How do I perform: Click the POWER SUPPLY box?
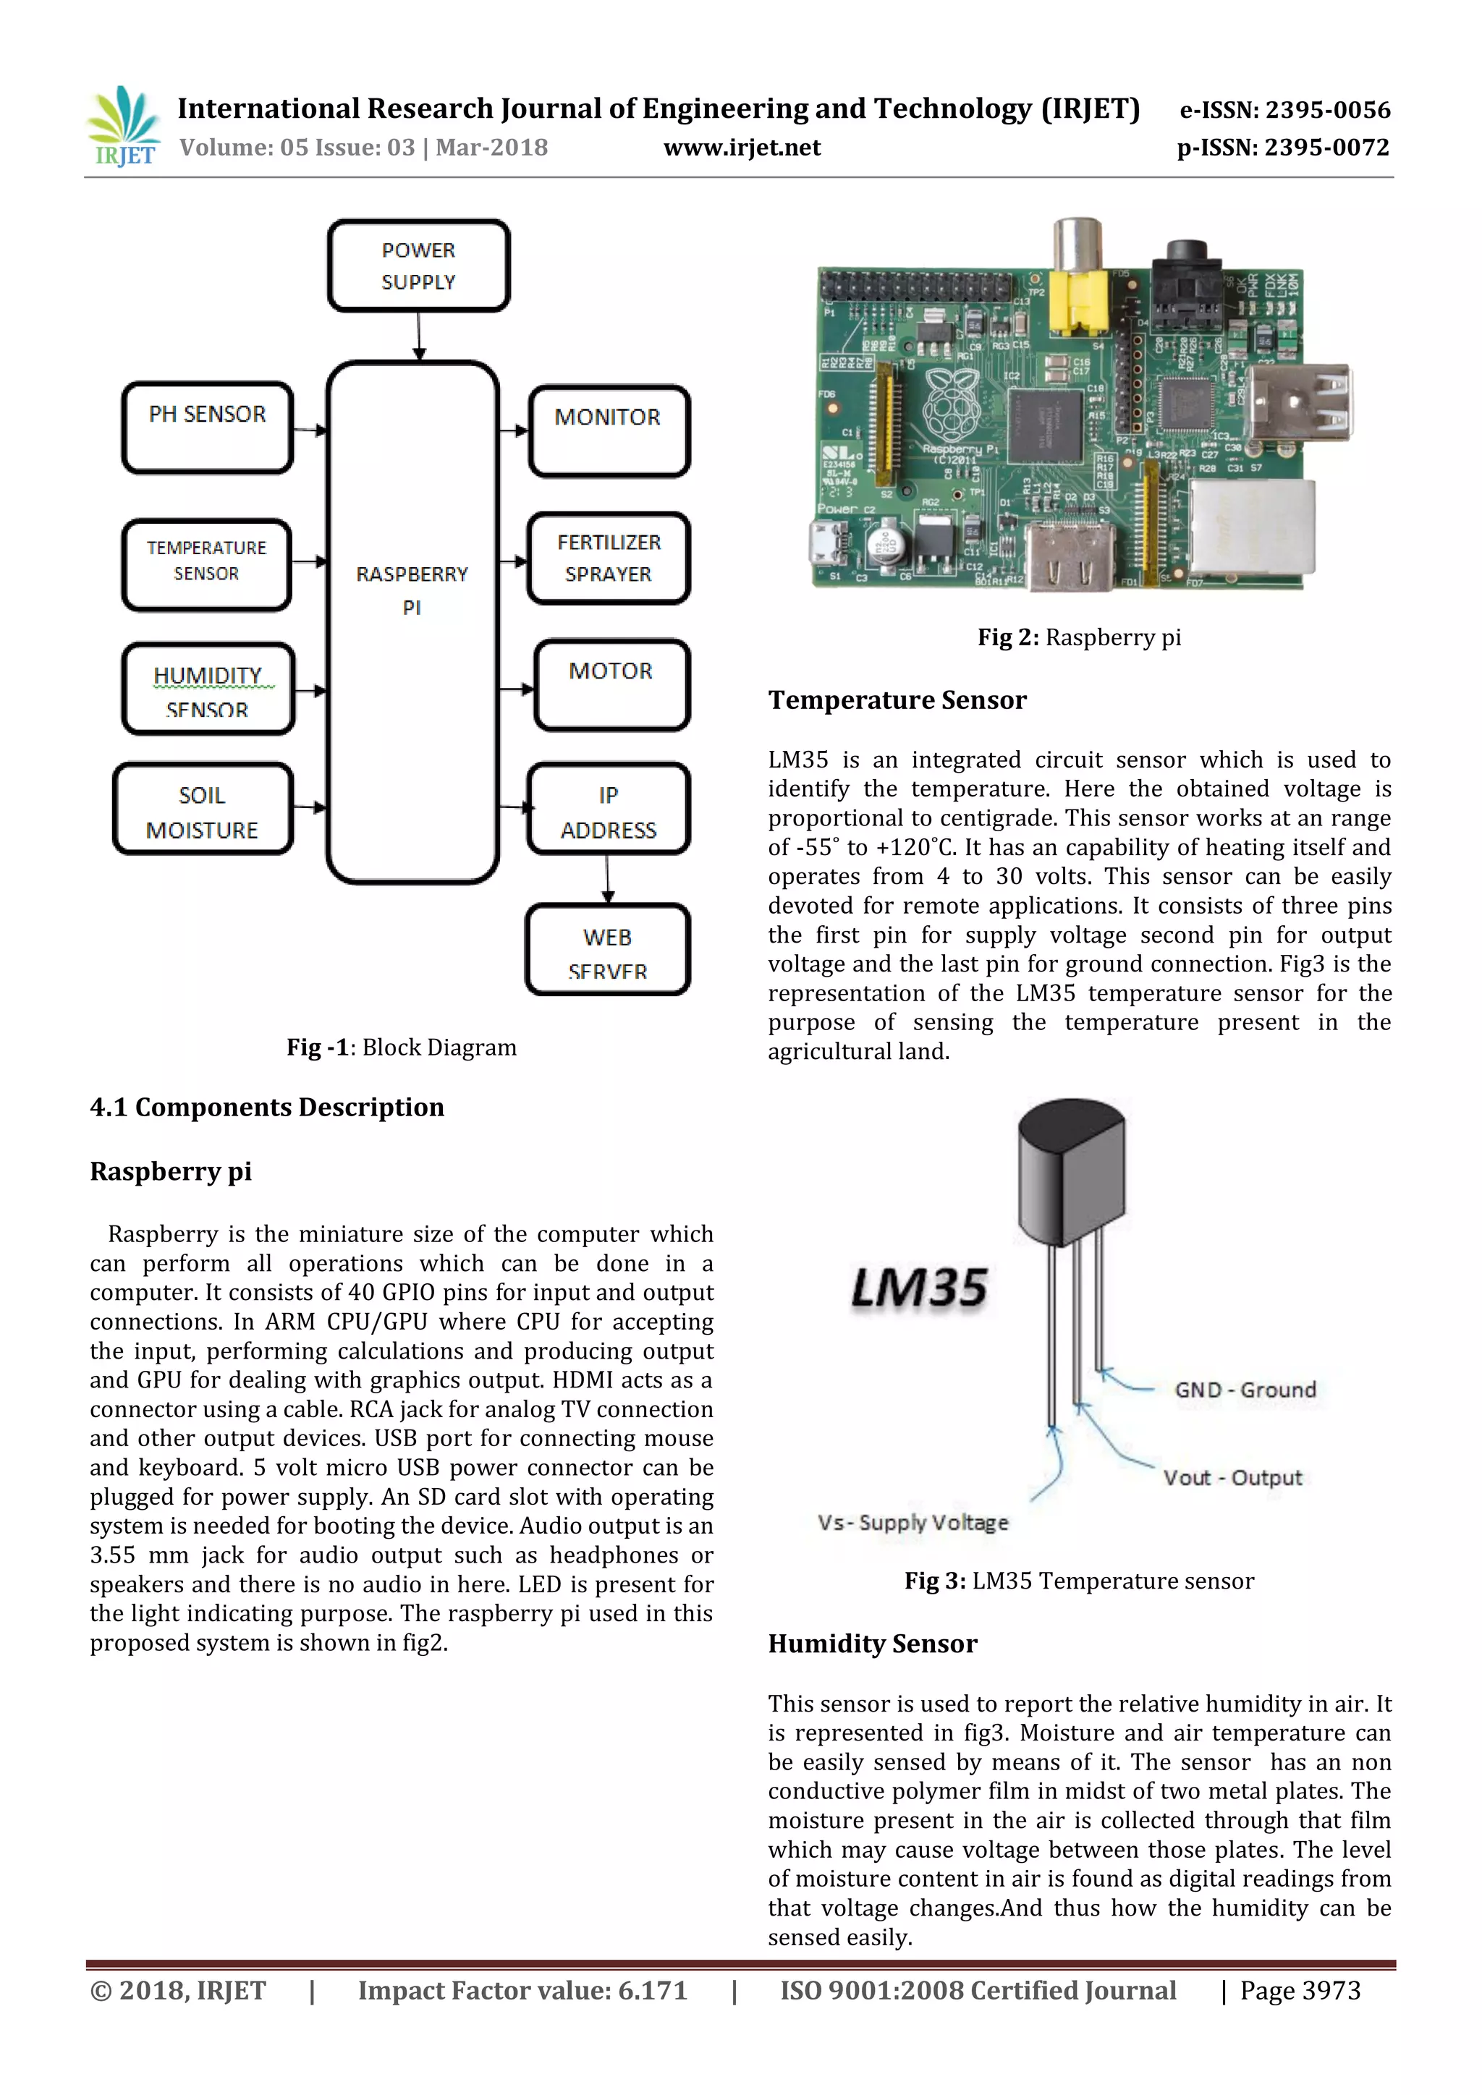pyautogui.click(x=418, y=265)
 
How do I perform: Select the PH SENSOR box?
pyautogui.click(x=207, y=427)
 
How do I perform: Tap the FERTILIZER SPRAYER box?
pyautogui.click(x=609, y=558)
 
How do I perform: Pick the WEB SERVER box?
pyautogui.click(x=608, y=949)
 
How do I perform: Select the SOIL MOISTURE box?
pyautogui.click(x=203, y=809)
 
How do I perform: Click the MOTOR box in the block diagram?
pyautogui.click(x=611, y=685)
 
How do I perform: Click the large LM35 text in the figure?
pyautogui.click(x=919, y=1288)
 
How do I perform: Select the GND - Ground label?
pyautogui.click(x=1245, y=1390)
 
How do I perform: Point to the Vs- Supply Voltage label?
pyautogui.click(x=913, y=1522)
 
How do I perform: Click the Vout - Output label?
pyautogui.click(x=1232, y=1477)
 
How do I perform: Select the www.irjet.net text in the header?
pyautogui.click(x=741, y=148)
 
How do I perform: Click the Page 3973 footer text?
pyautogui.click(x=1300, y=1990)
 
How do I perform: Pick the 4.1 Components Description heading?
pyautogui.click(x=266, y=1107)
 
